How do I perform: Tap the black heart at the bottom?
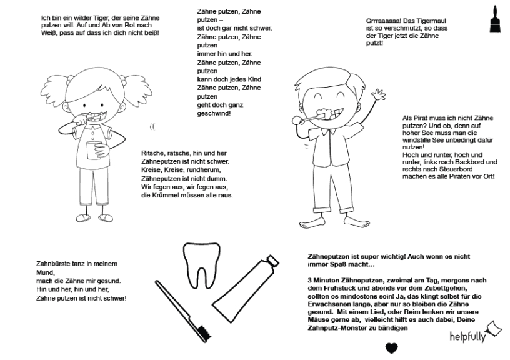coord(391,348)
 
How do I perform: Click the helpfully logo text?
coord(466,337)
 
